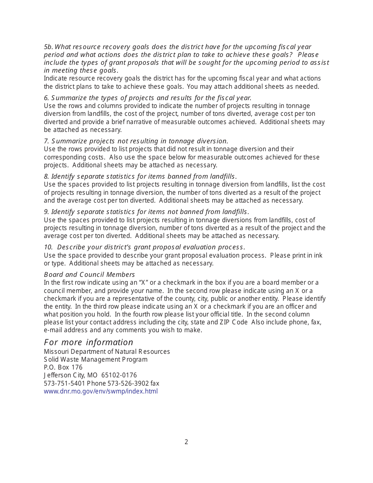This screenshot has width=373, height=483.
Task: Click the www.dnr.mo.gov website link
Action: [x=101, y=392]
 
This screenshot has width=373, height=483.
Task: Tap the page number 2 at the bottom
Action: [x=186, y=442]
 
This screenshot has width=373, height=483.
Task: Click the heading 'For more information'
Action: [x=88, y=342]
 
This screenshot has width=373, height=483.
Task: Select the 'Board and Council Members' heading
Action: [x=89, y=274]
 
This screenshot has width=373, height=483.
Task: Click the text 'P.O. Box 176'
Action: [x=63, y=368]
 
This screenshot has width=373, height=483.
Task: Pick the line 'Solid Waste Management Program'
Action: [x=96, y=359]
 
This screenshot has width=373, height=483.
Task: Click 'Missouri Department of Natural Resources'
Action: [x=107, y=351]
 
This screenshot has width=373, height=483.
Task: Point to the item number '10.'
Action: [x=48, y=247]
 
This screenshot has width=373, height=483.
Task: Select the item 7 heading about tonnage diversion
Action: [x=136, y=141]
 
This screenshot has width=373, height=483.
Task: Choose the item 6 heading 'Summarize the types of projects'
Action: [x=148, y=98]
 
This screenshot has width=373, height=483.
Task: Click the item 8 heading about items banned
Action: [x=140, y=176]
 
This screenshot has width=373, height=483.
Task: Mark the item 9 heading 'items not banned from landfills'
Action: [x=146, y=212]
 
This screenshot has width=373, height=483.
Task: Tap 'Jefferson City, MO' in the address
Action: [x=71, y=375]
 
